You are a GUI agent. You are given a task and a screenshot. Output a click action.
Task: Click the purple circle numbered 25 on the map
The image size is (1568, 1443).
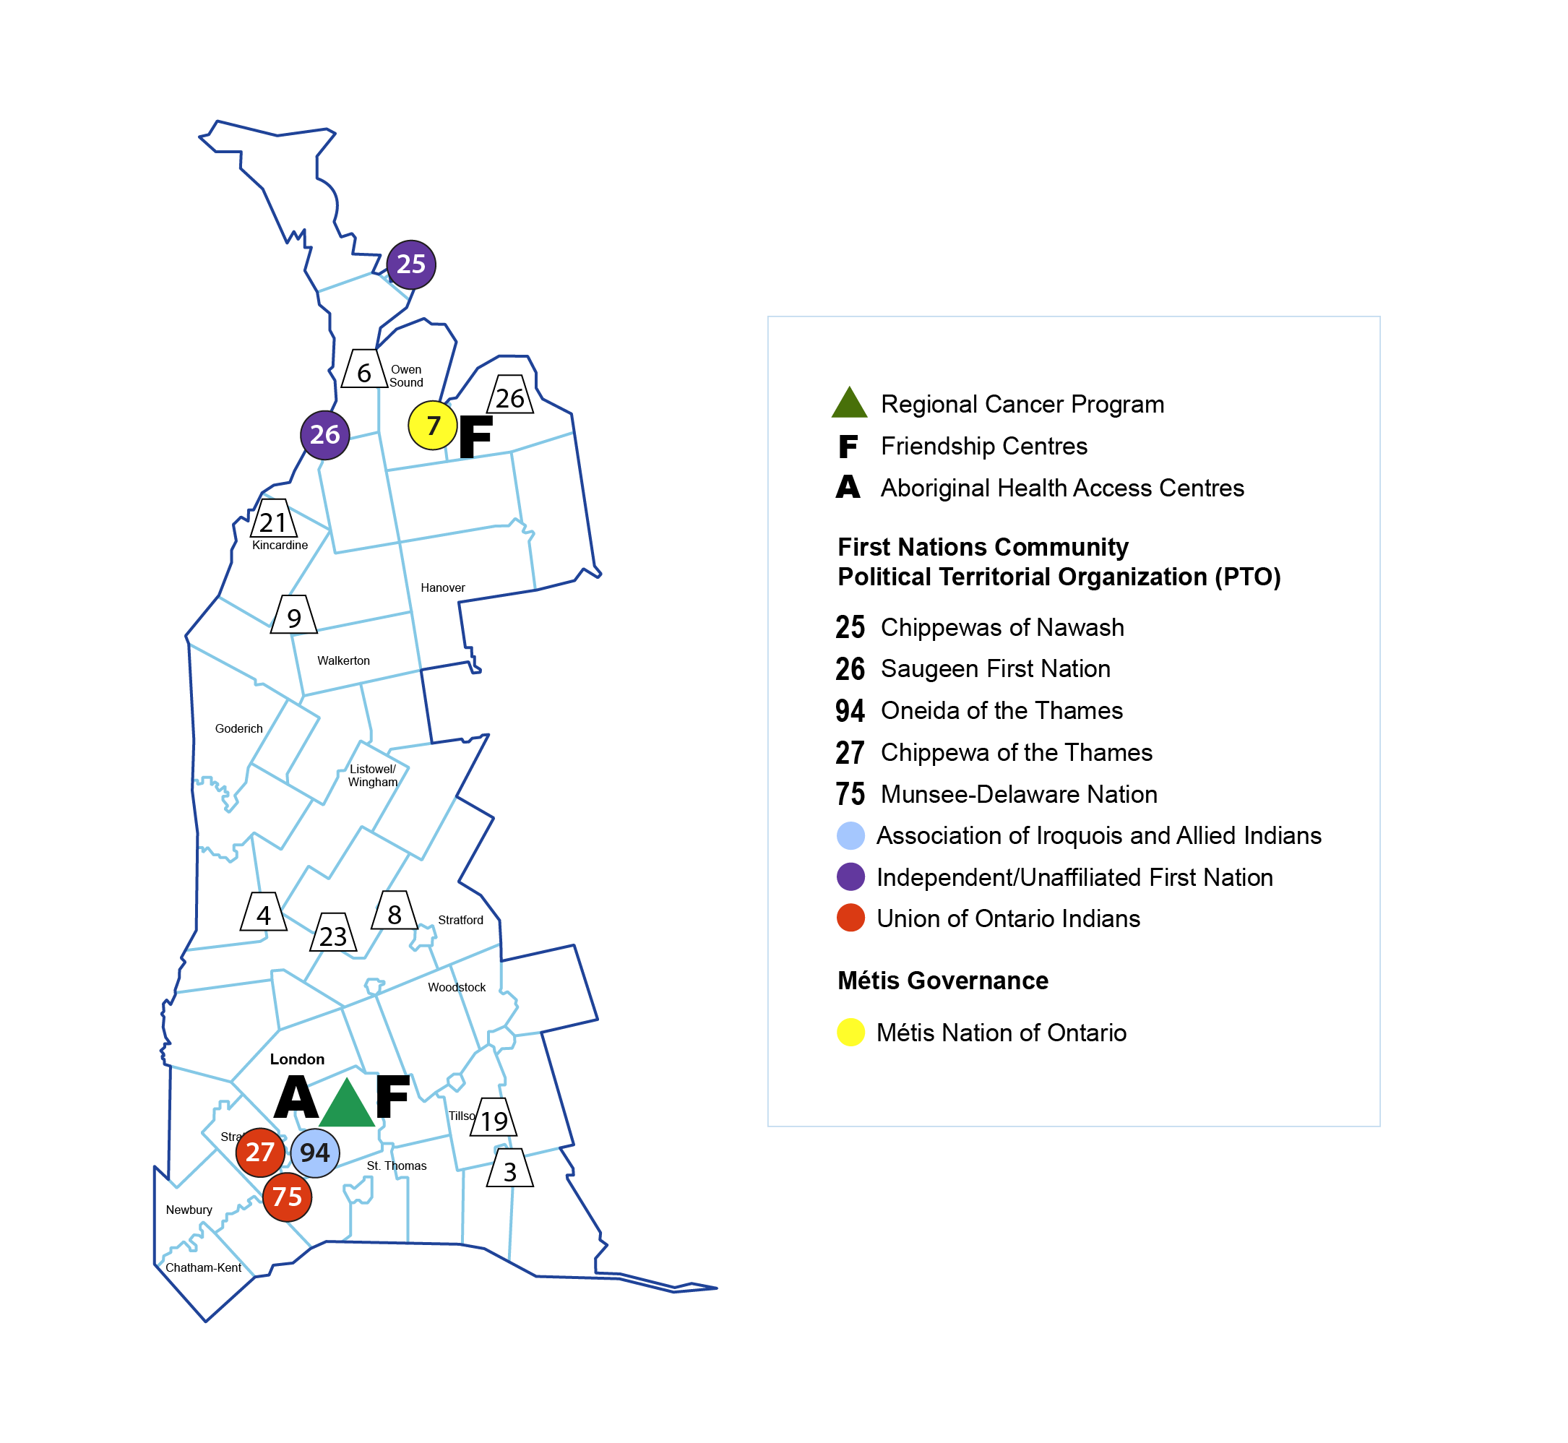[410, 264]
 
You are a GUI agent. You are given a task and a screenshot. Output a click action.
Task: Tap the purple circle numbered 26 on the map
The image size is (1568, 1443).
[325, 435]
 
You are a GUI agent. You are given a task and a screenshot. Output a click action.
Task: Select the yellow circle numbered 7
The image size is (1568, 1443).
[433, 426]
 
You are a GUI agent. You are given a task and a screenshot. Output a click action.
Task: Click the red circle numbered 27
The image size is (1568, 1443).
[260, 1152]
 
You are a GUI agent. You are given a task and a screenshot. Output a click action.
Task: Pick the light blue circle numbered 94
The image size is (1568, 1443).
[315, 1153]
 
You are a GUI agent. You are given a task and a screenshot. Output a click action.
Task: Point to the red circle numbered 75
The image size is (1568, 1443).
[288, 1197]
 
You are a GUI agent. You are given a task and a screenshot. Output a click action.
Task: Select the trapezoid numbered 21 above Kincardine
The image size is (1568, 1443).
[273, 520]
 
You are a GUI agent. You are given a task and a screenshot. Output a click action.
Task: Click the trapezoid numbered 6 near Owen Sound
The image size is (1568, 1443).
[365, 370]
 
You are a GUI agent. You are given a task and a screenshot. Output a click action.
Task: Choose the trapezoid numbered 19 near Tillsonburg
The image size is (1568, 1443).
[494, 1118]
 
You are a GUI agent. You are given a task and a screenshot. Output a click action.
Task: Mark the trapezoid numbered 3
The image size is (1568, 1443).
[510, 1169]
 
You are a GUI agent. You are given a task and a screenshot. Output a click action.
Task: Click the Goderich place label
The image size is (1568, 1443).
[239, 728]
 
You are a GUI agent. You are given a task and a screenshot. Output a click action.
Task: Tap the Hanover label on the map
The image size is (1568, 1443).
[443, 587]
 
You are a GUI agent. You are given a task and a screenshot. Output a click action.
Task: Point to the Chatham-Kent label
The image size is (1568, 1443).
[203, 1267]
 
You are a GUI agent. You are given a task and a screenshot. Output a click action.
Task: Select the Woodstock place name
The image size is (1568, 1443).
[457, 987]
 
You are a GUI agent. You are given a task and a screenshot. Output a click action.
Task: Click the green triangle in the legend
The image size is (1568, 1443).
[850, 404]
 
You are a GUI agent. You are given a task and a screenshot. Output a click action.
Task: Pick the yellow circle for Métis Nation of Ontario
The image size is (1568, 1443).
[850, 1033]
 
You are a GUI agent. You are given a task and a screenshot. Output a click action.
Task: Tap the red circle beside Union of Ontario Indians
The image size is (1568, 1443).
[850, 918]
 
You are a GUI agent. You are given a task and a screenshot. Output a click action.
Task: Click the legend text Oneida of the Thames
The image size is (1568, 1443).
[1001, 710]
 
